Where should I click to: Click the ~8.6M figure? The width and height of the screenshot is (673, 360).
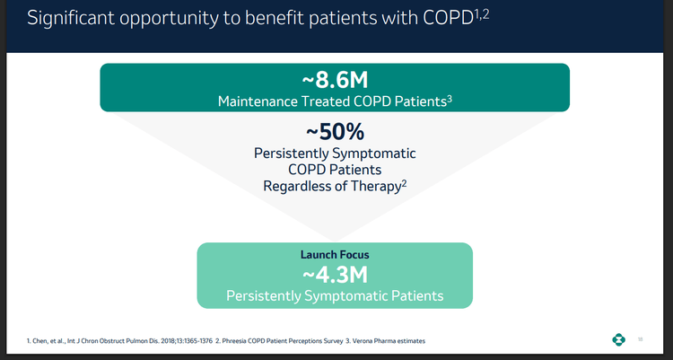pyautogui.click(x=335, y=80)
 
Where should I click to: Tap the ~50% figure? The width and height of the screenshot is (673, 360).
pyautogui.click(x=335, y=131)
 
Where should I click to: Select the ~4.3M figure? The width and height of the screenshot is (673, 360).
pyautogui.click(x=335, y=275)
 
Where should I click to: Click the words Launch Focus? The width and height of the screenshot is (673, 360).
pyautogui.click(x=335, y=255)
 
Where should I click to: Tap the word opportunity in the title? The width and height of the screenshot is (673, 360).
pyautogui.click(x=181, y=20)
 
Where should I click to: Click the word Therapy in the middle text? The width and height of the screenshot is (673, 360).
pyautogui.click(x=377, y=186)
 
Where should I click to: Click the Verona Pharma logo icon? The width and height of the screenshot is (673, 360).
pyautogui.click(x=618, y=339)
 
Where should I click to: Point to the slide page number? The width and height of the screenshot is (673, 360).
pyautogui.click(x=641, y=339)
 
